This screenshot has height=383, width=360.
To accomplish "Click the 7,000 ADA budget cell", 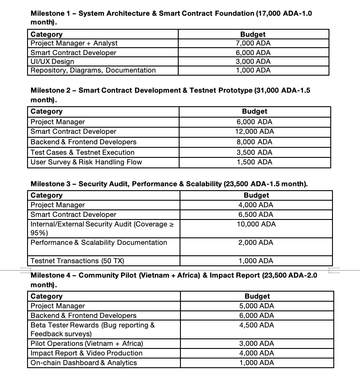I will (x=253, y=43).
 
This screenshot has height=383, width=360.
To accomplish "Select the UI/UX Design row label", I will (x=52, y=62).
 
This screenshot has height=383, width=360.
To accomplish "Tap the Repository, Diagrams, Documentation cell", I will (x=93, y=70).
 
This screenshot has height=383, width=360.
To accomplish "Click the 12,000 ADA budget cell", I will (x=254, y=132).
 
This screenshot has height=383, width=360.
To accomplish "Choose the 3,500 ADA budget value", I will (x=254, y=153).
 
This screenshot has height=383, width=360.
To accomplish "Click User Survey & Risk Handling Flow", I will (x=86, y=162).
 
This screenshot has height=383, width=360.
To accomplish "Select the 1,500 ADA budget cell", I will (x=254, y=162).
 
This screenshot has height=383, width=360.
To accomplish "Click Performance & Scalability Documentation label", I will (x=99, y=243).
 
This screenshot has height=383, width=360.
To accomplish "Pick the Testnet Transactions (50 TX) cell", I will (x=77, y=261).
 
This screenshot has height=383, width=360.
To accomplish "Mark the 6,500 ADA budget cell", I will (x=256, y=215).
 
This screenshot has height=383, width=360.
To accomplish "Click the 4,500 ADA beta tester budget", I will (x=257, y=325).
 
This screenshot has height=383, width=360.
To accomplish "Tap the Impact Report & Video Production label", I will (x=87, y=353).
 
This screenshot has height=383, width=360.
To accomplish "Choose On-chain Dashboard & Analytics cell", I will (x=84, y=363).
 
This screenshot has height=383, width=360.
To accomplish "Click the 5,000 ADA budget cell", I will (x=257, y=306).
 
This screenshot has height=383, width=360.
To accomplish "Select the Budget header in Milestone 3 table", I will (x=256, y=195).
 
